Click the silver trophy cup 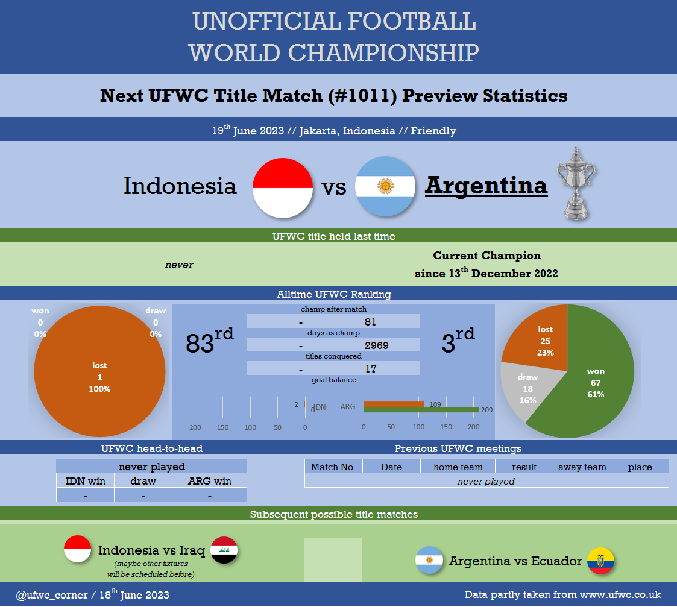point(576,183)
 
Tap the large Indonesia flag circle point(283,188)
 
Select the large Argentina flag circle point(385,186)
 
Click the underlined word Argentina point(486,186)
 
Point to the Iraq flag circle point(224,550)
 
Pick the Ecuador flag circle point(600,561)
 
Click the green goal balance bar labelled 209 point(421,409)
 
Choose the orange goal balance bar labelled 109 point(394,404)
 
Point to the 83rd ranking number point(209,341)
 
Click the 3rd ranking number point(458,341)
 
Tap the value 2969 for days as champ point(377,345)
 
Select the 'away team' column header point(582,467)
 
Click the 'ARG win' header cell point(209,481)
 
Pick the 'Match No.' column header point(333,467)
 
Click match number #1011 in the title point(362,95)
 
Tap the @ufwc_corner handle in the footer point(52,595)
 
